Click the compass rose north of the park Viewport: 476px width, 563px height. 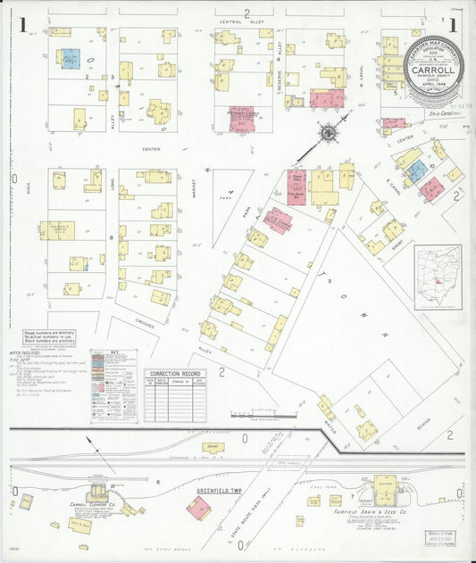[328, 133]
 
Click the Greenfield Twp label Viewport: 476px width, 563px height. [221, 491]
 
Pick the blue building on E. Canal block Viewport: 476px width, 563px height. [415, 170]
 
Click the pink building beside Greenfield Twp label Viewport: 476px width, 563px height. [198, 508]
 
